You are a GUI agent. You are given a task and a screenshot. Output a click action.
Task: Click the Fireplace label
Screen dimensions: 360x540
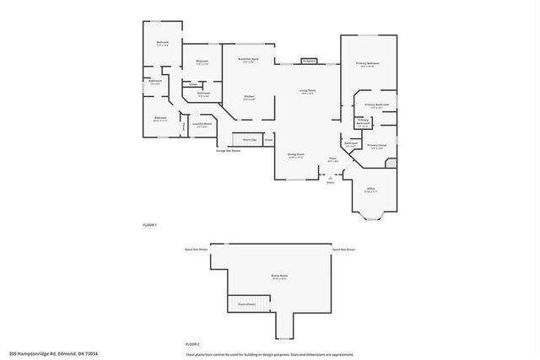coord(308,62)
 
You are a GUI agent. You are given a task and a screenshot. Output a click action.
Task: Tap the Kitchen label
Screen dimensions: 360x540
coord(249,97)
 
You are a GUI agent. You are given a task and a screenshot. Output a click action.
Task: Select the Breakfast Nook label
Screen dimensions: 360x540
coord(247,59)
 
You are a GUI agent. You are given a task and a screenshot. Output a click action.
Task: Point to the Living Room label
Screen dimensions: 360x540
coord(307,90)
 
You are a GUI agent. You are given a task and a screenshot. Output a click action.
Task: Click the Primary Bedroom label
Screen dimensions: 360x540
coord(367,64)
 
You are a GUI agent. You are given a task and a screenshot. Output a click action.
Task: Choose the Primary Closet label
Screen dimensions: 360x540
coord(376,146)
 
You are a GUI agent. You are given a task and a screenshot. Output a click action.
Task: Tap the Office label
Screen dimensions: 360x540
coord(370,190)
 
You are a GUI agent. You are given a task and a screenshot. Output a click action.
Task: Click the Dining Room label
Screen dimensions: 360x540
coord(296,155)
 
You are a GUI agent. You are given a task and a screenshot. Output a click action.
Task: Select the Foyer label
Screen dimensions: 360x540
coord(332,159)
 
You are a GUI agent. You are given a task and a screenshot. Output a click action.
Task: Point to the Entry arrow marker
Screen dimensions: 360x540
coord(331,177)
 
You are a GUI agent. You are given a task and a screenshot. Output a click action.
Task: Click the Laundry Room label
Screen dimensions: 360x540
coord(202,125)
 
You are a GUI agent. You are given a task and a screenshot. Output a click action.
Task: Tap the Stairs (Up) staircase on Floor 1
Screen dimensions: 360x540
coord(250,138)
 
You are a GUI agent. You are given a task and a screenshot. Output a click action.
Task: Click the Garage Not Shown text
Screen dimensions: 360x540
coord(228,151)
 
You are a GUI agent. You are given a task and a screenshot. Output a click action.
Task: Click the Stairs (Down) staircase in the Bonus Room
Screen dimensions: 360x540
coord(247,303)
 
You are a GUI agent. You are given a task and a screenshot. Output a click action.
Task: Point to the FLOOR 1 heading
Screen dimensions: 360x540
coord(149,225)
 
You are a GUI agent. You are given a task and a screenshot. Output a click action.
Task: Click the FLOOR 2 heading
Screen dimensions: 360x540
coord(193,345)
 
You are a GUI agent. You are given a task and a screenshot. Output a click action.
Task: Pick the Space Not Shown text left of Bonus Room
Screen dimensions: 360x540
coord(197,250)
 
